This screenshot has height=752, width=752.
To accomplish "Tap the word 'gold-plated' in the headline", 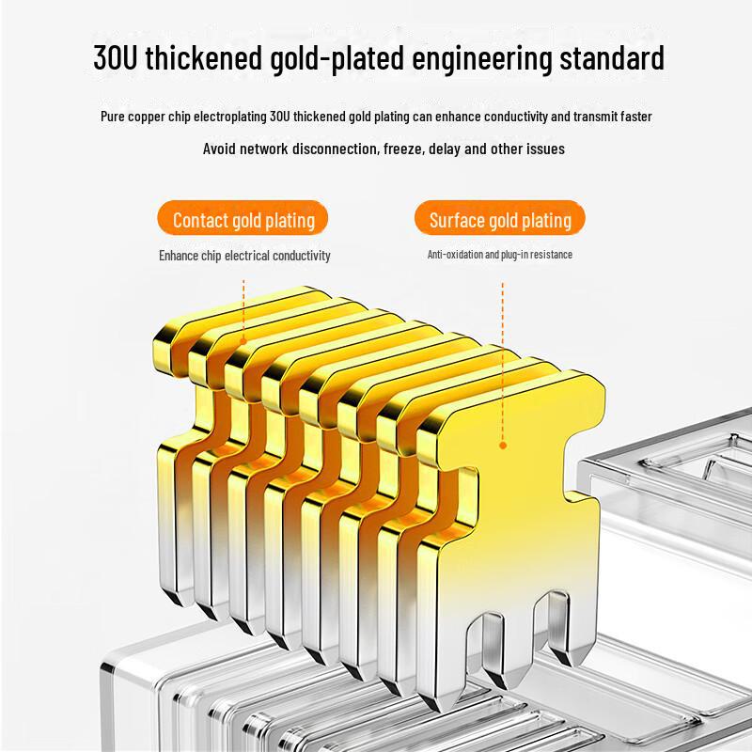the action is pos(337,58).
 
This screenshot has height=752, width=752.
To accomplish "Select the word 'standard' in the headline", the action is pos(612,57).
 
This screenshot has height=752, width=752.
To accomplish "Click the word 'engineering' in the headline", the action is pos(482,59).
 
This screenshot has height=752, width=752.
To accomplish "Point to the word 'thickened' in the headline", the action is pos(204,57).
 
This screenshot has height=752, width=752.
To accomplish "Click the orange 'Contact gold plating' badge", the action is pos(243,218).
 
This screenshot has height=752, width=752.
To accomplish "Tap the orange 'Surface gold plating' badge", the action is pos(500,218).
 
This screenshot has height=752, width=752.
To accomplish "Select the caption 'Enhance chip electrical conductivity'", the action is pos(244,256).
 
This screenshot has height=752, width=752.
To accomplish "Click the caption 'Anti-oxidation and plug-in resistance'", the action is pos(500,255).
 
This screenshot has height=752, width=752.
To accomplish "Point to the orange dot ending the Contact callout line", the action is pos(243,341).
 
